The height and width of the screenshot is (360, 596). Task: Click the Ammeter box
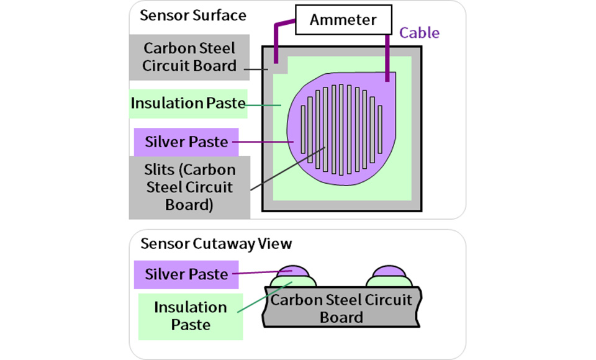[343, 20]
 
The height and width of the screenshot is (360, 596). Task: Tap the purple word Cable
[419, 33]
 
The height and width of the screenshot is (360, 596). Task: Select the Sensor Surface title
[192, 16]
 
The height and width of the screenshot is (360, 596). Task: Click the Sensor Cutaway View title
[216, 244]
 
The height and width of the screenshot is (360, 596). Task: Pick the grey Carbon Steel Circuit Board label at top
[189, 57]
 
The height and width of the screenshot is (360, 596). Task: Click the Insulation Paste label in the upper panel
[188, 104]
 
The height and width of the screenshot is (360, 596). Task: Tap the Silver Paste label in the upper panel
[186, 142]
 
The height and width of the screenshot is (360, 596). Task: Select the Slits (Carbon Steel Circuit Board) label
[189, 187]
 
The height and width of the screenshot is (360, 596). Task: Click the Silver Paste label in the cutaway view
[186, 274]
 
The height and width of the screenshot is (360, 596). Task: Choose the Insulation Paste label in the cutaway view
[191, 317]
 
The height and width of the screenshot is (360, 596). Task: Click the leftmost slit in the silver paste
[303, 130]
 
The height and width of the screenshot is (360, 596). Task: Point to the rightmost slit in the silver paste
[380, 130]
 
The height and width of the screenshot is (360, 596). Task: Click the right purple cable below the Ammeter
[387, 58]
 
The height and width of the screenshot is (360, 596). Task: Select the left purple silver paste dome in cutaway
[292, 271]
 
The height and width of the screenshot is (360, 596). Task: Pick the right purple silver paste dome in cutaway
[389, 271]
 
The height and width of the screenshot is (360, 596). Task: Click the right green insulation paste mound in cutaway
[389, 282]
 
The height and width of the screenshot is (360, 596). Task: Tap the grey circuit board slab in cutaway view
[341, 307]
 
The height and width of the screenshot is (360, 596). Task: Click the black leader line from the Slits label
[287, 168]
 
